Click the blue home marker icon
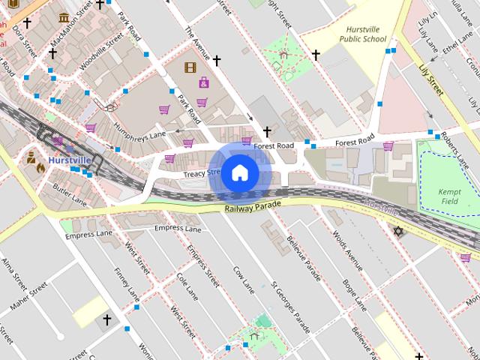coord(238,172)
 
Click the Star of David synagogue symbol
coord(398,231)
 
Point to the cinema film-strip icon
coord(190,67)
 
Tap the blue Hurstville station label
coord(69,160)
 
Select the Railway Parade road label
coord(252,205)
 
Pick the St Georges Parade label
coord(291,307)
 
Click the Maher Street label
coord(29,298)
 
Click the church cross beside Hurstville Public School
coord(316,55)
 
